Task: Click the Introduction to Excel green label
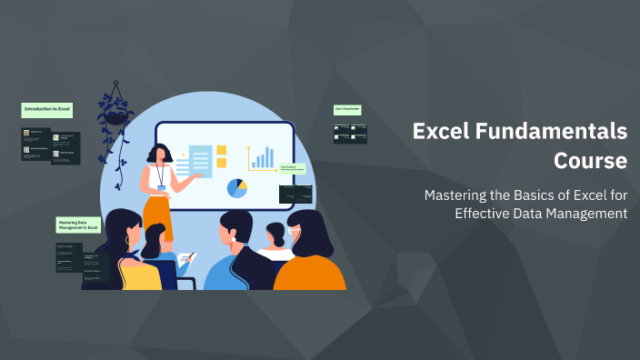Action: tap(46, 109)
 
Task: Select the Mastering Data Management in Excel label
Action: tap(76, 224)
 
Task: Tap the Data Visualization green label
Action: tap(347, 109)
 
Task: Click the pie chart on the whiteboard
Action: tap(237, 188)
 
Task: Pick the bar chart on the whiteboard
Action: tap(263, 158)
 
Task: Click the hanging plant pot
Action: tap(115, 116)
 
